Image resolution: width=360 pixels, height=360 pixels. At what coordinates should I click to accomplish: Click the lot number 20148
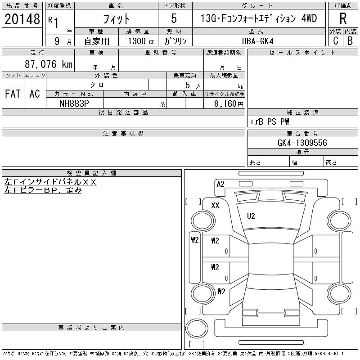[x=22, y=19]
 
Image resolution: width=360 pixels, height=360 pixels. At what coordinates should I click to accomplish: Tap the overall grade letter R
[x=343, y=18]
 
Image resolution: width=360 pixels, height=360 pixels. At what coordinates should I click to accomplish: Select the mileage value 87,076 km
[x=49, y=64]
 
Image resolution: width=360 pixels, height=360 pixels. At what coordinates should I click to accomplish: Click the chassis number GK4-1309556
[x=302, y=143]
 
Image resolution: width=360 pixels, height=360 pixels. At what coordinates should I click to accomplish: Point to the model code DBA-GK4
[x=257, y=41]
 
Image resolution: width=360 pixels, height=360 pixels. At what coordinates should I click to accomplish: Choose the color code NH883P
[x=74, y=103]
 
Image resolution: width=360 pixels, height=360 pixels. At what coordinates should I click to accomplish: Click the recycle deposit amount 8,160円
[x=229, y=104]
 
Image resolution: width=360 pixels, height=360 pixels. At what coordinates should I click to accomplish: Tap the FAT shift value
[x=13, y=94]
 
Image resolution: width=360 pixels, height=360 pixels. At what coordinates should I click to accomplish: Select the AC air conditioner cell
[x=35, y=94]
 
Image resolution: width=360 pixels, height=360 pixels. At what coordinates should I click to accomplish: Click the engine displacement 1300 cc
[x=141, y=41]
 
